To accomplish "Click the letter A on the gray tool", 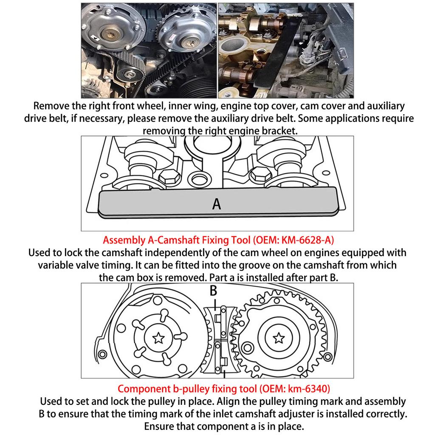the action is (217, 204).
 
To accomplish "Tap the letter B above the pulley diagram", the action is (213, 291).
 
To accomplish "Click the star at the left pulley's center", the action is (158, 338).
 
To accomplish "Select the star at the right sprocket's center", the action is (279, 338).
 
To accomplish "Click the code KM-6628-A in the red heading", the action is (306, 240).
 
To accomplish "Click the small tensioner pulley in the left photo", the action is (128, 74).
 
